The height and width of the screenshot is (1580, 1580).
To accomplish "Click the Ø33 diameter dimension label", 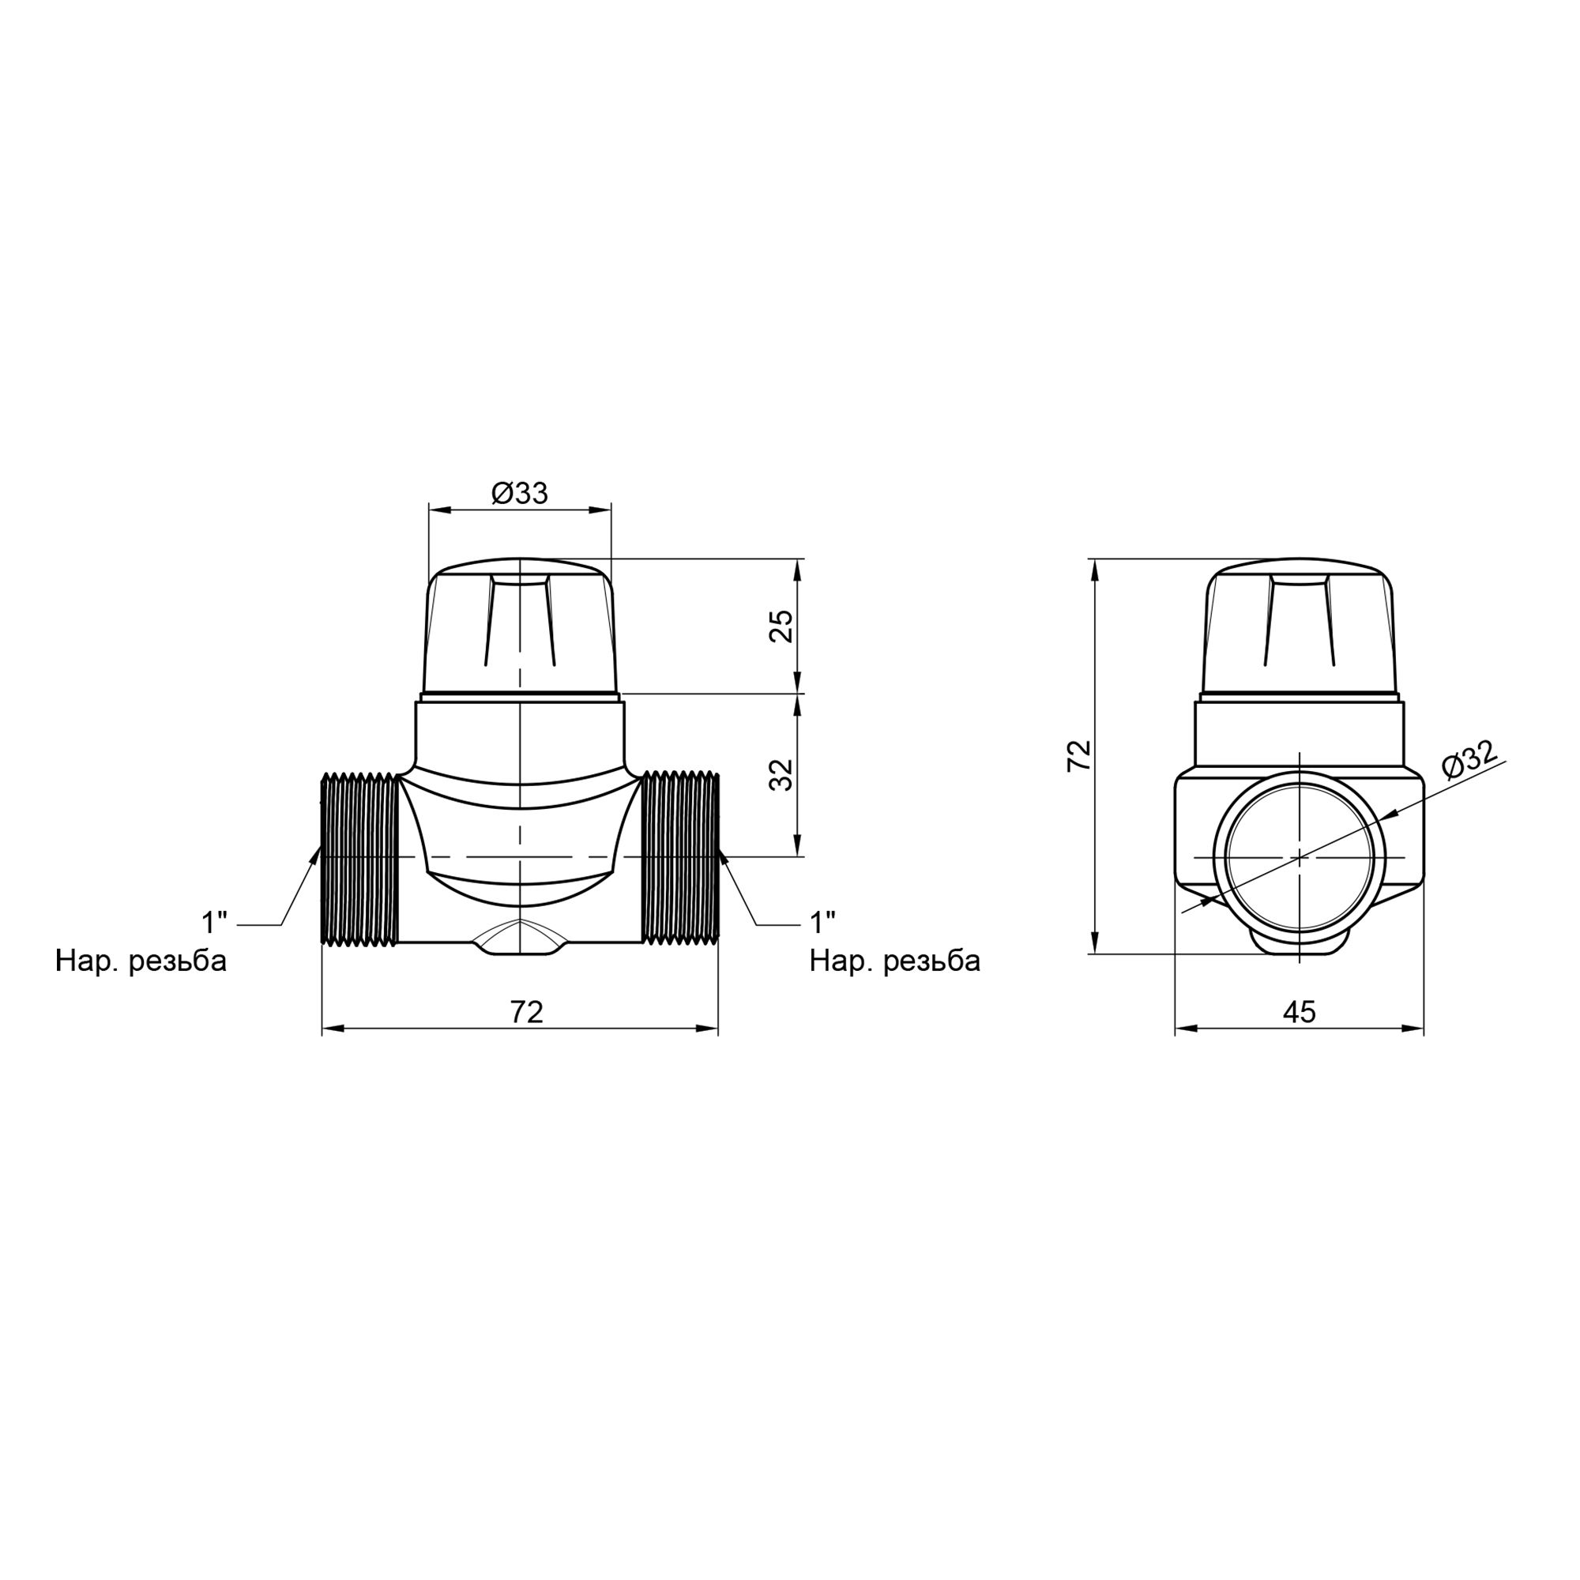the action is point(519,493).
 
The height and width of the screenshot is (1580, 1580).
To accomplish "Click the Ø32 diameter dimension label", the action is point(1470,760).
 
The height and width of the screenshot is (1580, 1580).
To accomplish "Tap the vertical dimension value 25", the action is point(783,626).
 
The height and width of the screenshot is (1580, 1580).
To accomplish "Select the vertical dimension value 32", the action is point(783,774).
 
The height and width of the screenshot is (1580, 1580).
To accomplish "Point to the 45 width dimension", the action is point(1300,1013).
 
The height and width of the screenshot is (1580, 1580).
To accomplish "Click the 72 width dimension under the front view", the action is point(527,1013).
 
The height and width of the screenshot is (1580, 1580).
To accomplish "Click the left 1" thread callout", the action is point(215,924).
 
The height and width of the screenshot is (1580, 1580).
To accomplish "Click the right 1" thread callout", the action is point(822,924).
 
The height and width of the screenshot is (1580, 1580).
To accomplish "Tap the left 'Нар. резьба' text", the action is point(141,961).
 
